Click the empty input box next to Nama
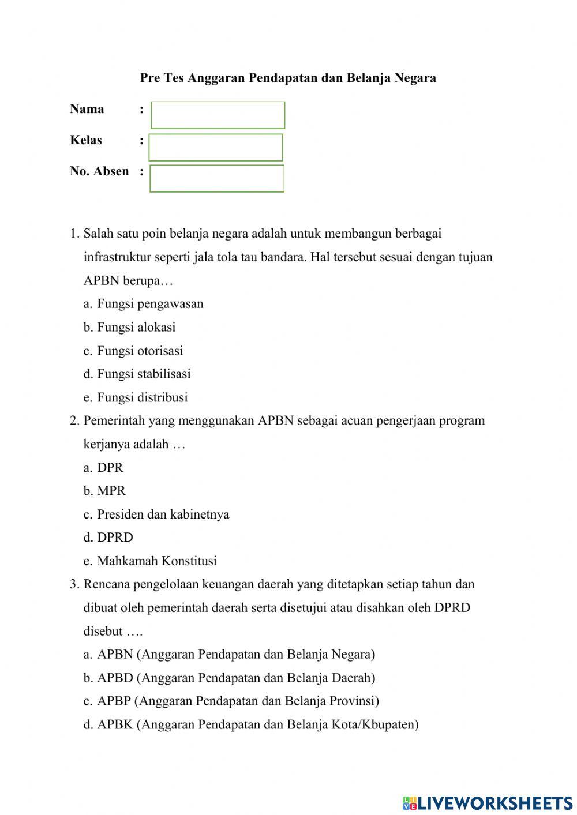coord(218,115)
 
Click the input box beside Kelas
coord(216,147)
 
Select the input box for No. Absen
coord(217,178)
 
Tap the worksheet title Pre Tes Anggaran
coord(287,78)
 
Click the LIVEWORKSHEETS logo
coord(488,802)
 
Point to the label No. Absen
coord(99,171)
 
